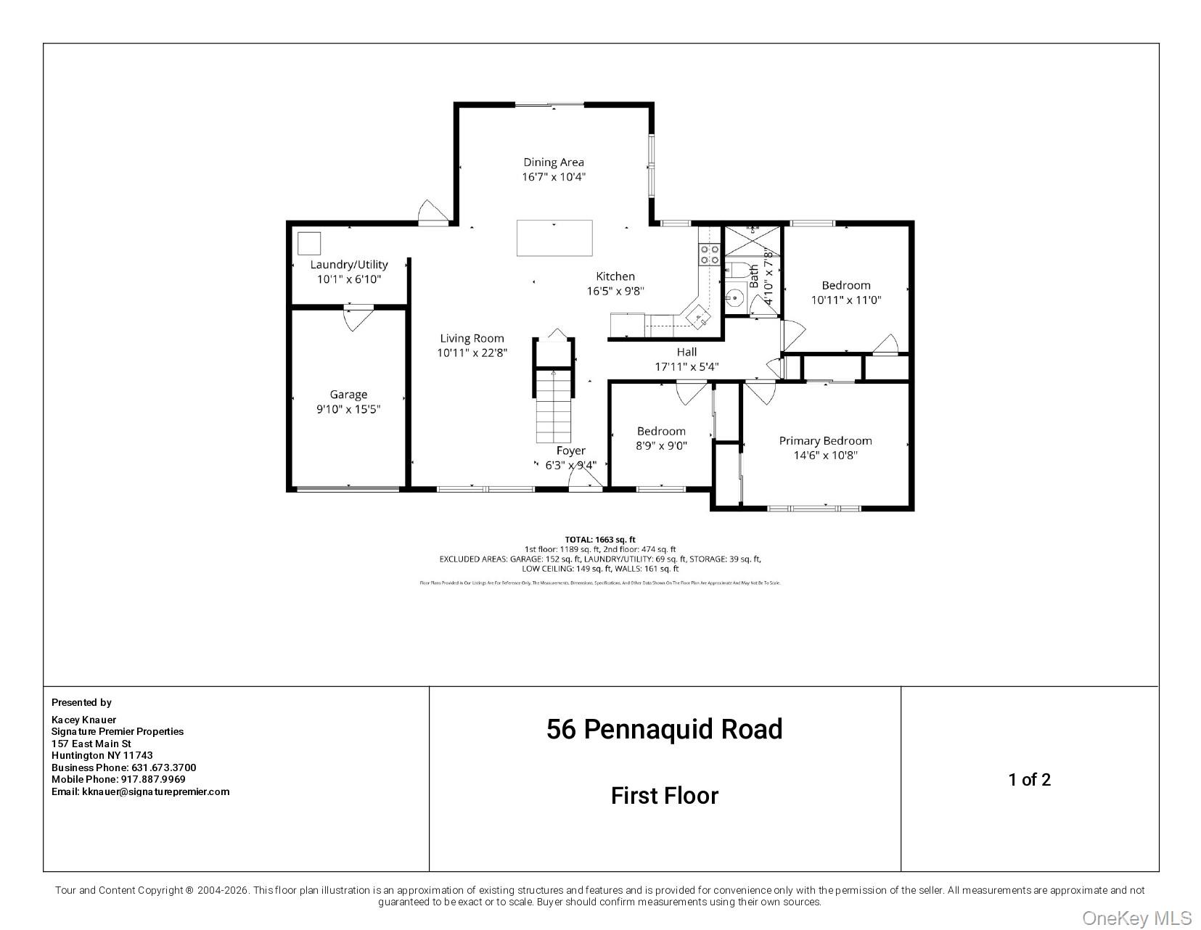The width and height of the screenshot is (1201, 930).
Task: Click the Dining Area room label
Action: (x=554, y=162)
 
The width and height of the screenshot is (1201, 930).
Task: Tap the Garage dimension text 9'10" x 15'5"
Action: (x=348, y=409)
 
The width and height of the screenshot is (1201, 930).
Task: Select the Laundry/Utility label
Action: (x=349, y=264)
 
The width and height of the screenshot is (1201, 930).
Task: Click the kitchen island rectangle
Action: (x=554, y=238)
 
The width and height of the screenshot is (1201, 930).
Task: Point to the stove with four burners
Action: (x=709, y=254)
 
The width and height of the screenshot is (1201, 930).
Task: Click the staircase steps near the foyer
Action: (x=554, y=406)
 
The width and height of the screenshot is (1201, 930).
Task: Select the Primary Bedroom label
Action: (x=825, y=440)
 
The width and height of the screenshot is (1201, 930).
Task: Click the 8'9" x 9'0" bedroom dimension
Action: (x=661, y=446)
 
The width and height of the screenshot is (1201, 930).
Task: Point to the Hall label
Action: (x=686, y=352)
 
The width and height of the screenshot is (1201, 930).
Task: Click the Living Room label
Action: (x=472, y=338)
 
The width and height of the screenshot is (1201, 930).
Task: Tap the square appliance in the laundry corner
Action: (x=309, y=243)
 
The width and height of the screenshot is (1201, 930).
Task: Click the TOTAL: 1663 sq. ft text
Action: (x=599, y=539)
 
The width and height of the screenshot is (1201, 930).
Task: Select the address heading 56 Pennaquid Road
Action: (x=664, y=729)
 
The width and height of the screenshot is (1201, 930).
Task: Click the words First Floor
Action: (x=664, y=796)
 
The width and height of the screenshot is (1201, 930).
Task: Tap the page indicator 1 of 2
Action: (x=1029, y=780)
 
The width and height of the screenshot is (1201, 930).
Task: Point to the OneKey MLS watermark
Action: (x=1136, y=918)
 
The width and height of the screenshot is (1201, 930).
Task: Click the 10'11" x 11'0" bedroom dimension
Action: (x=845, y=300)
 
